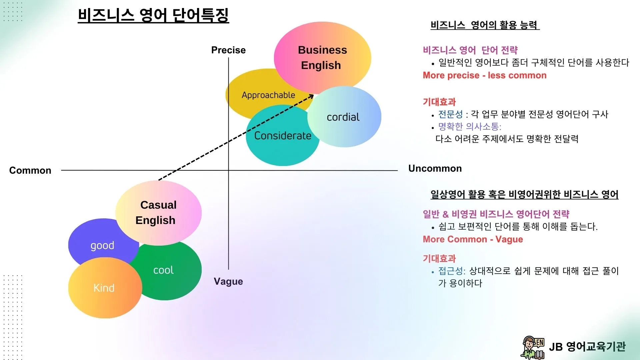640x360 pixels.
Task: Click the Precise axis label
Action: click(228, 50)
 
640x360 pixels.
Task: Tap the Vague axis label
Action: click(228, 281)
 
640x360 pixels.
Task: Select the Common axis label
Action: click(30, 170)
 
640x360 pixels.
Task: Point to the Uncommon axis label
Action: click(435, 168)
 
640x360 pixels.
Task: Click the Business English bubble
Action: click(322, 57)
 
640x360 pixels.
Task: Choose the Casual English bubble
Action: click(158, 212)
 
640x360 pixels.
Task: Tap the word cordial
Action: click(343, 117)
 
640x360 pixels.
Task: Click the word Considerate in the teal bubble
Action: click(283, 136)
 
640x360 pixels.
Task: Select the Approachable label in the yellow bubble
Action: click(268, 95)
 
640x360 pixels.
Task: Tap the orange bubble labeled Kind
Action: click(104, 288)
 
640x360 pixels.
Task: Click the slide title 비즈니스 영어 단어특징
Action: click(153, 15)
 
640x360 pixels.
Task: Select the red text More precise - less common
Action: click(484, 75)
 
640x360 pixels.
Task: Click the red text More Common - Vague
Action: click(473, 239)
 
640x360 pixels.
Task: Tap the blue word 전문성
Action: click(450, 114)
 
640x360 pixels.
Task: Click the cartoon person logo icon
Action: click(533, 347)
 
